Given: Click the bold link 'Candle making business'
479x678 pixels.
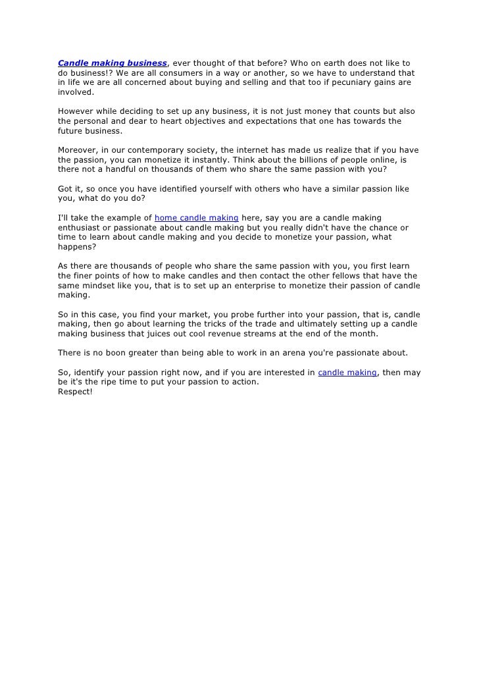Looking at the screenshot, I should (112, 63).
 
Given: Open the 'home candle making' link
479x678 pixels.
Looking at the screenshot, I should (196, 218).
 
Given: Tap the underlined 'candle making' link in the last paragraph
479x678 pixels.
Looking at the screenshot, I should (347, 373).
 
